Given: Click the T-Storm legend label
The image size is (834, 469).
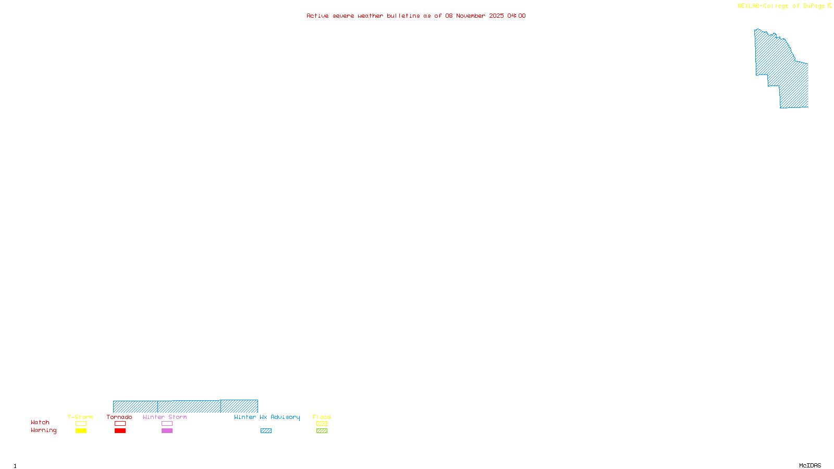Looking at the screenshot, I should (x=80, y=417).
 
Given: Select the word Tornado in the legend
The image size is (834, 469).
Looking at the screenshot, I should (x=119, y=417).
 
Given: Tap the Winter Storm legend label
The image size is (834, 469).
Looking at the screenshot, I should (x=165, y=417).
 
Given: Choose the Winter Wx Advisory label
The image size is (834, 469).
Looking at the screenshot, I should (x=267, y=417).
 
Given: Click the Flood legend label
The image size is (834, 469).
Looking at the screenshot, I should (x=322, y=417).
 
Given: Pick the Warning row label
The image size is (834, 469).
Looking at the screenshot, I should (x=44, y=430).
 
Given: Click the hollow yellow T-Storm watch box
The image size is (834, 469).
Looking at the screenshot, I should (x=81, y=424).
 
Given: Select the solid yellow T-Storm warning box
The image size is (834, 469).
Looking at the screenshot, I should (x=81, y=431).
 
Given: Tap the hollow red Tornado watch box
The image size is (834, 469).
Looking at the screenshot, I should (x=120, y=424).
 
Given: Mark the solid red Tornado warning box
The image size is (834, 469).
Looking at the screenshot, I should (x=120, y=431).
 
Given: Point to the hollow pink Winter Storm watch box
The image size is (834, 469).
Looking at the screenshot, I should (x=167, y=424).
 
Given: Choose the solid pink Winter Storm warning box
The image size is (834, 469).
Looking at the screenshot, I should (x=167, y=431).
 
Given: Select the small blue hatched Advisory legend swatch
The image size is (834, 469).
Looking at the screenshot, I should (x=266, y=431).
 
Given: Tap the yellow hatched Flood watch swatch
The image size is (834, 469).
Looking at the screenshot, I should (x=322, y=424).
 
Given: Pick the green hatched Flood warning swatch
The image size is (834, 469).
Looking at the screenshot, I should (x=322, y=431).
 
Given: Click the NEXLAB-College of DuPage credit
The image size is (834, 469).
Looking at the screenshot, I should (x=781, y=6).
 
